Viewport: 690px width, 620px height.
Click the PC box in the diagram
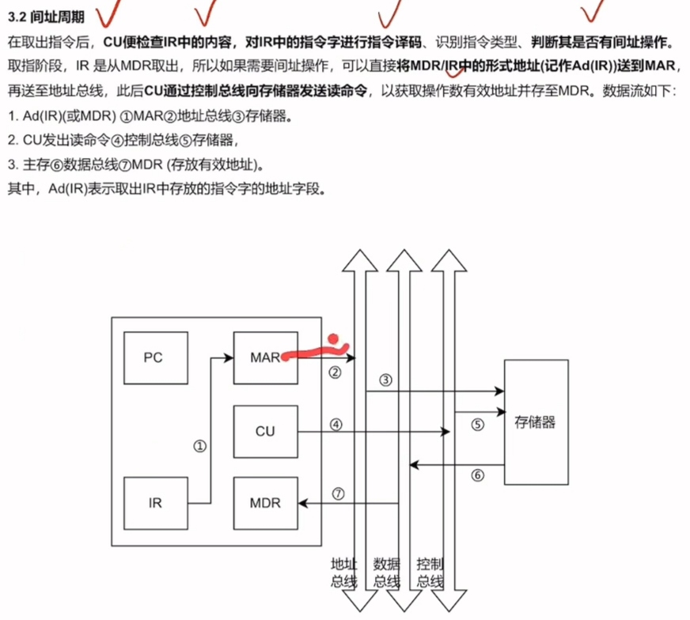point(153,357)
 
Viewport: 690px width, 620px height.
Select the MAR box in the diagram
point(264,357)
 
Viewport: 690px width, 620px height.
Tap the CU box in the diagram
point(264,432)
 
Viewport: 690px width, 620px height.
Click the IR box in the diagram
point(155,503)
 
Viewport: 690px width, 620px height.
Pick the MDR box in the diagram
point(264,503)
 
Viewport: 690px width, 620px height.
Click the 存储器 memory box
point(535,422)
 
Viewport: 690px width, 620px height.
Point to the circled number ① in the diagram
point(199,446)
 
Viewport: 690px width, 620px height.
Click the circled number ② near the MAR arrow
point(335,372)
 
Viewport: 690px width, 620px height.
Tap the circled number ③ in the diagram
point(386,380)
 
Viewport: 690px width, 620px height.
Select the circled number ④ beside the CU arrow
point(336,424)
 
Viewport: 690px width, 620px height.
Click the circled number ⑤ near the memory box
point(477,424)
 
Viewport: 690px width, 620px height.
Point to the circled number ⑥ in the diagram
point(477,475)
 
